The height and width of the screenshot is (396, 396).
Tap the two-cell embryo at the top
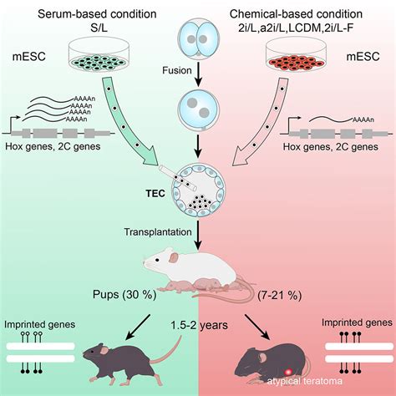pos(198,38)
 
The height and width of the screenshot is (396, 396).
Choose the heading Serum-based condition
pos(97,14)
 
